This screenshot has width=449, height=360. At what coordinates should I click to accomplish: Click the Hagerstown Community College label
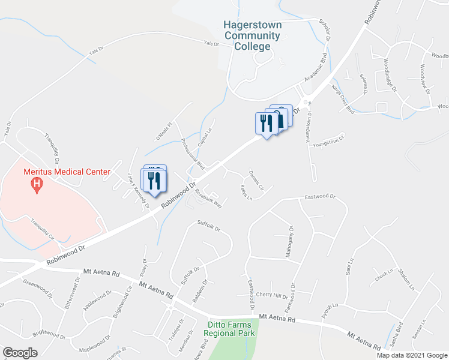pos(252,35)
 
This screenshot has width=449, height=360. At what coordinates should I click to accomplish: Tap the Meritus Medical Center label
pos(67,172)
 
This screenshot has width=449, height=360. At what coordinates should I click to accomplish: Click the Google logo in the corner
pos(20,352)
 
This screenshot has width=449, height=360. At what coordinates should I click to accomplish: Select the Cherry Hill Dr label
pos(272,295)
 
